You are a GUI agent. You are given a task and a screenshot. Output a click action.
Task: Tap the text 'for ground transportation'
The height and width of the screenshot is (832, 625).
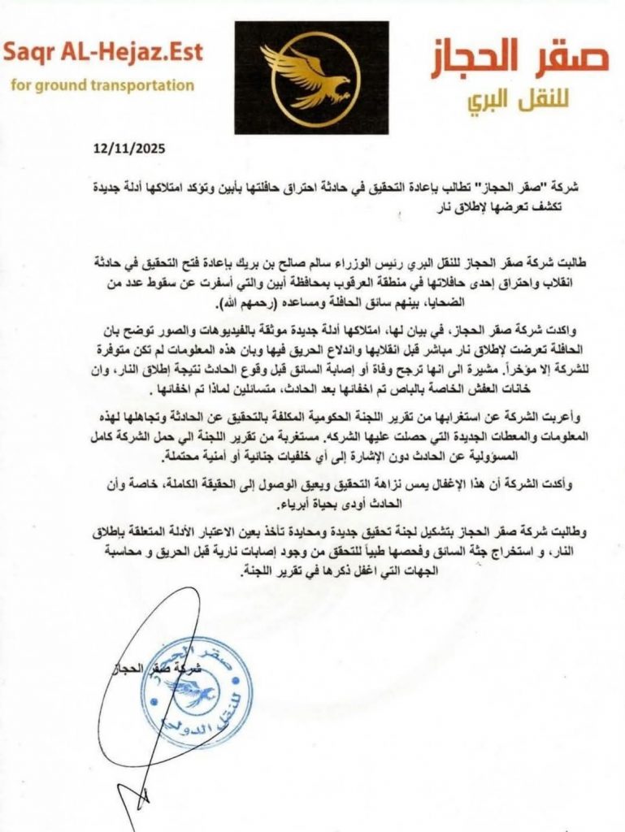click(103, 84)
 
